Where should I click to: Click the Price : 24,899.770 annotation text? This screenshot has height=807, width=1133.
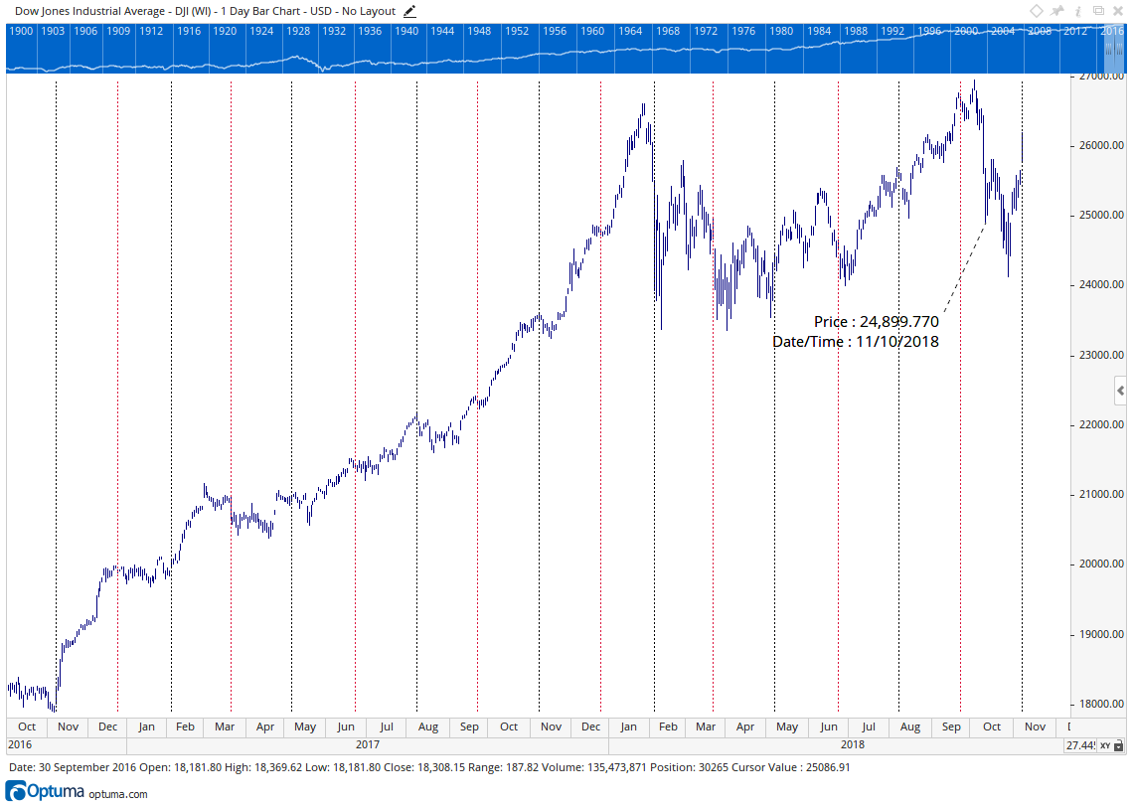pos(876,321)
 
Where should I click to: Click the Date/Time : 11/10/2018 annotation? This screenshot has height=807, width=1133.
pos(856,341)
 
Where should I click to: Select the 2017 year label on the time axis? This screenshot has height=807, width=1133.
pos(368,743)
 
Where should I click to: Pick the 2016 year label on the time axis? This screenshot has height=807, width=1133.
pos(20,743)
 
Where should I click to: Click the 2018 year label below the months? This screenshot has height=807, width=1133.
pos(852,743)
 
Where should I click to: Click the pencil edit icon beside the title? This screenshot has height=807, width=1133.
pos(409,11)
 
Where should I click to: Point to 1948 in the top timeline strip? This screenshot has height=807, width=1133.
pos(479,31)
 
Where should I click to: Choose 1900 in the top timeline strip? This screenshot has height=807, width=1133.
pos(21,31)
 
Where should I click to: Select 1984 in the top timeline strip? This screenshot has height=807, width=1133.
pos(819,31)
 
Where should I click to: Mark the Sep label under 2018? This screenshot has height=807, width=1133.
pos(952,726)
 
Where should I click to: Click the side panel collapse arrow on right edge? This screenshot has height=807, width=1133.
pos(1121,391)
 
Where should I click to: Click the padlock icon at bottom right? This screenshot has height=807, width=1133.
pos(1118,745)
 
